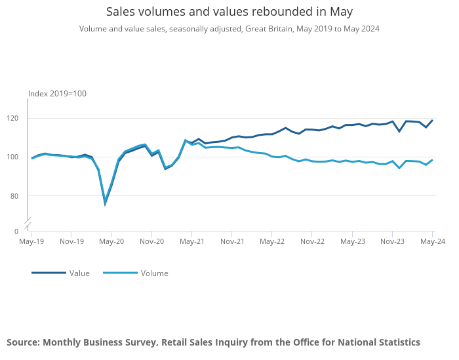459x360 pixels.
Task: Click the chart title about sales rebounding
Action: pyautogui.click(x=229, y=12)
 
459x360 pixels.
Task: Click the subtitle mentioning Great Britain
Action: pyautogui.click(x=229, y=29)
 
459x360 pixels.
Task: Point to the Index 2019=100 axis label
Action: pyautogui.click(x=57, y=94)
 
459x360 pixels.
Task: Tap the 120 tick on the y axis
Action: pyautogui.click(x=18, y=118)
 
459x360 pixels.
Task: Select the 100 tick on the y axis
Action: pyautogui.click(x=18, y=157)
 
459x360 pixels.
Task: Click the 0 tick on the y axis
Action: pyautogui.click(x=16, y=231)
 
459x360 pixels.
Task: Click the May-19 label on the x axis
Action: pyautogui.click(x=31, y=241)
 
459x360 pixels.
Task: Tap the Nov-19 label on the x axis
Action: pyautogui.click(x=71, y=241)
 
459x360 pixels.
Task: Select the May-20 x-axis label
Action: pyautogui.click(x=111, y=241)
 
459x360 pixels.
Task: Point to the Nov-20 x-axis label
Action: pyautogui.click(x=151, y=241)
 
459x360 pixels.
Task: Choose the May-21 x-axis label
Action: pyautogui.click(x=191, y=241)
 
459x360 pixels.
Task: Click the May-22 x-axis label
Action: pyautogui.click(x=272, y=241)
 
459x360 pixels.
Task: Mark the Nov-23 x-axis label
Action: pyautogui.click(x=392, y=241)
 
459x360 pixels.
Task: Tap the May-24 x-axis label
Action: pyautogui.click(x=432, y=241)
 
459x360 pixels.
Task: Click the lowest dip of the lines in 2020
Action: pyautogui.click(x=105, y=203)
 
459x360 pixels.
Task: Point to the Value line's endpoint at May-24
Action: pyautogui.click(x=432, y=121)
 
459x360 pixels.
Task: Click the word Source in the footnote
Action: pyautogui.click(x=23, y=342)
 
